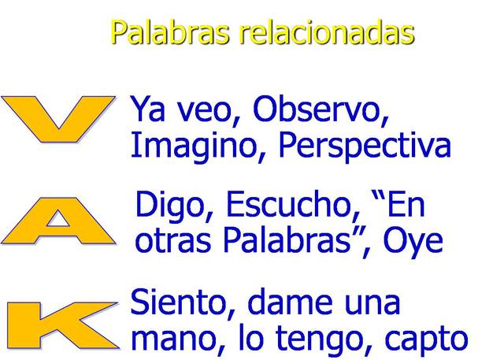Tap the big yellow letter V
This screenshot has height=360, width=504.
point(56,119)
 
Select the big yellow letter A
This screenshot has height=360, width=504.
point(57,221)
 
